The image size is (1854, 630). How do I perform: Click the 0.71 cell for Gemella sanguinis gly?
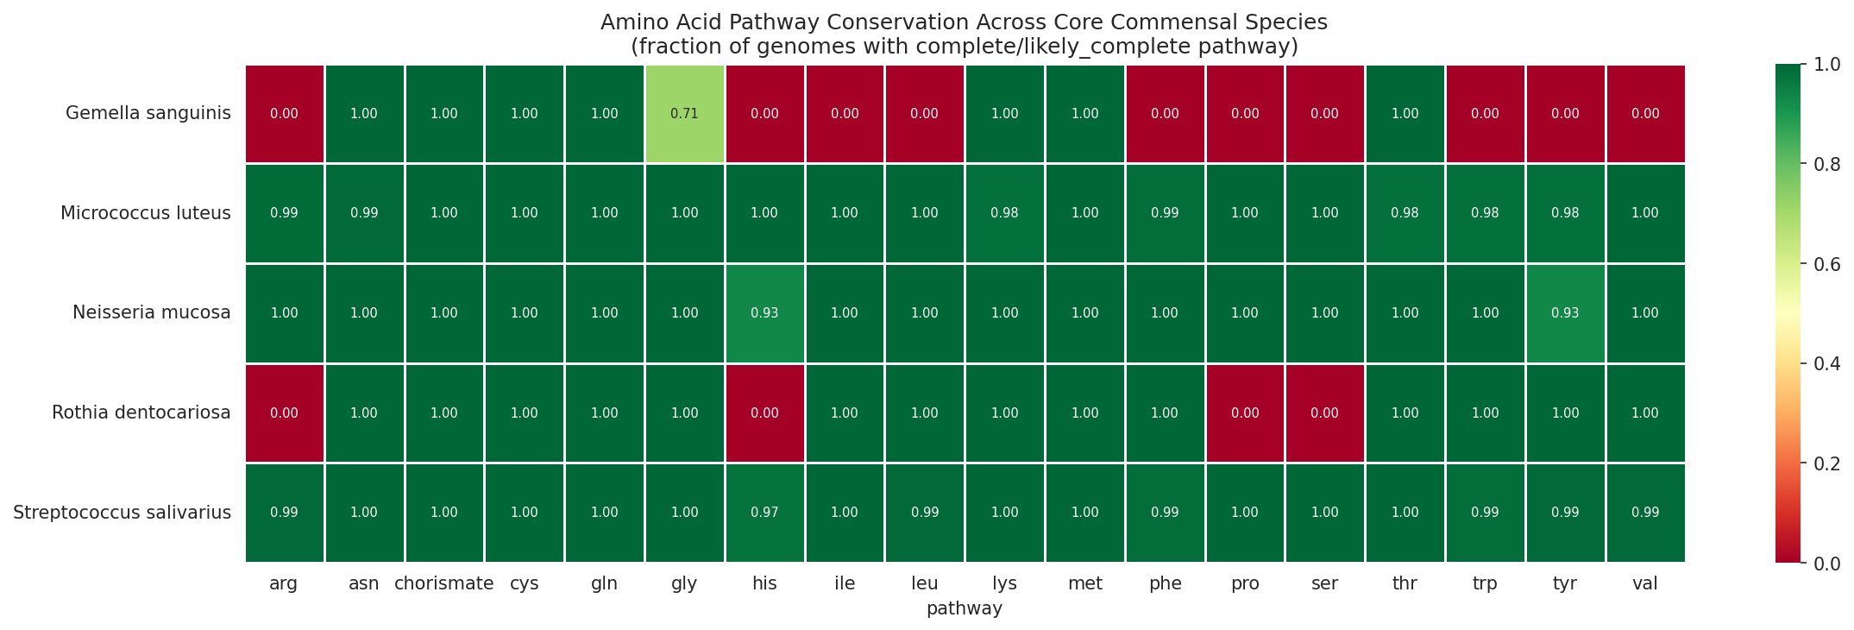coord(684,114)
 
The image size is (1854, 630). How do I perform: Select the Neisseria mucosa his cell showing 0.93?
coord(764,313)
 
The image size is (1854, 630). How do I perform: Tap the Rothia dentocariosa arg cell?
coord(284,413)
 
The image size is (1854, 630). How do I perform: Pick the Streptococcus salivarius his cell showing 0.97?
coord(764,513)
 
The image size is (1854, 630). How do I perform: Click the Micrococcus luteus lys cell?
coord(1004,213)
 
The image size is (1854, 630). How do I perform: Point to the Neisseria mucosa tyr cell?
coord(1565,313)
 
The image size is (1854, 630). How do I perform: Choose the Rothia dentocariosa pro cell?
coord(1245,413)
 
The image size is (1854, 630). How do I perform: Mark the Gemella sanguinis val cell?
coord(1644,114)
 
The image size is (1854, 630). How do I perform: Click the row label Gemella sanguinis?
coord(148,114)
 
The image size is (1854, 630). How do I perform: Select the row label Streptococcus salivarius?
coord(122,513)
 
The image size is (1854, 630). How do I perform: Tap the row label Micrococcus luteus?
coord(145,213)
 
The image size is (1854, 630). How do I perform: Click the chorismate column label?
coord(443,584)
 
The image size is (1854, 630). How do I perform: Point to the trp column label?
coord(1485,584)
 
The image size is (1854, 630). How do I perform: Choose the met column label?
coord(1084,584)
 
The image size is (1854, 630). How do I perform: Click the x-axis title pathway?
coord(964,609)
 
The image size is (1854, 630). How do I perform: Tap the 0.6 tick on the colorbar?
coord(1826,264)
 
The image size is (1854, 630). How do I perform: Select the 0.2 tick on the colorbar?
coord(1826,463)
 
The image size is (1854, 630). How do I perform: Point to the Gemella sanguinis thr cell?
coord(1405,114)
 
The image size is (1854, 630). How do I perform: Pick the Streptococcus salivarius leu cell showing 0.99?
coord(924,513)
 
